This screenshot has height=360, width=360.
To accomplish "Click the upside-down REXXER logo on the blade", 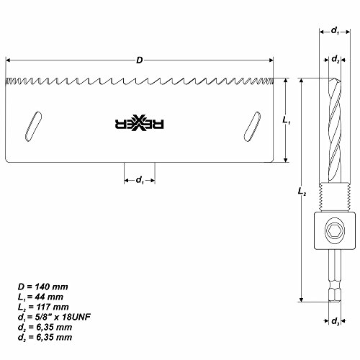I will click(x=141, y=125).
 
